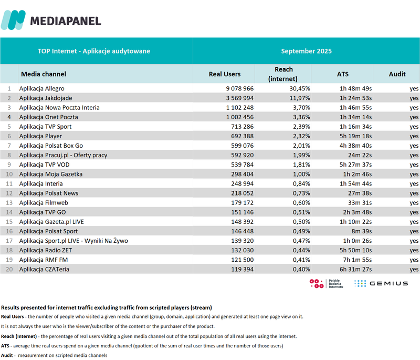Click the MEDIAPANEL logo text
click(65, 20)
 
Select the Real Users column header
click(225, 74)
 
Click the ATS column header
click(342, 74)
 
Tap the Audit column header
click(397, 74)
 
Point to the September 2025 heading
click(306, 51)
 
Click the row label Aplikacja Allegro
click(42, 88)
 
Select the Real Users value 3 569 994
click(237, 98)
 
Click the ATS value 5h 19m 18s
click(355, 136)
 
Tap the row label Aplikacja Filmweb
click(42, 202)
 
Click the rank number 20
click(9, 269)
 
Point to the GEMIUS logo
click(381, 283)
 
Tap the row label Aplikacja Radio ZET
click(46, 250)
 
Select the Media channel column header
click(44, 74)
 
